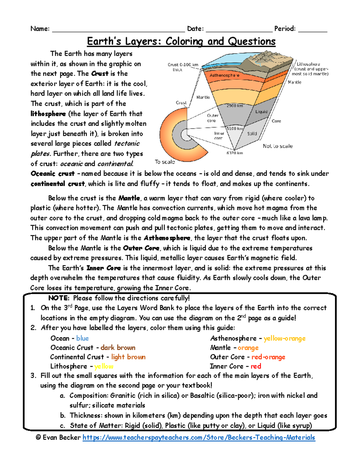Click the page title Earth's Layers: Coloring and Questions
(181, 41)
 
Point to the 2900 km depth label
(235, 106)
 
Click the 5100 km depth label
(235, 128)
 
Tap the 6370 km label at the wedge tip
(235, 153)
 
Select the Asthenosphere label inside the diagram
(224, 75)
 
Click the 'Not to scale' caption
(277, 146)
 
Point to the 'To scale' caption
(165, 162)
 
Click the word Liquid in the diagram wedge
(261, 112)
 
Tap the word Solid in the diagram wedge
(252, 134)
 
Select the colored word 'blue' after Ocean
(82, 338)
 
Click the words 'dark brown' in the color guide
(118, 348)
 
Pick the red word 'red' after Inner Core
(256, 366)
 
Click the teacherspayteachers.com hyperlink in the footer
(199, 438)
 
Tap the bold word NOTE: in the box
(59, 298)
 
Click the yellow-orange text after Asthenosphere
(284, 338)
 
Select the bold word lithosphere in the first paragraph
(48, 114)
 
